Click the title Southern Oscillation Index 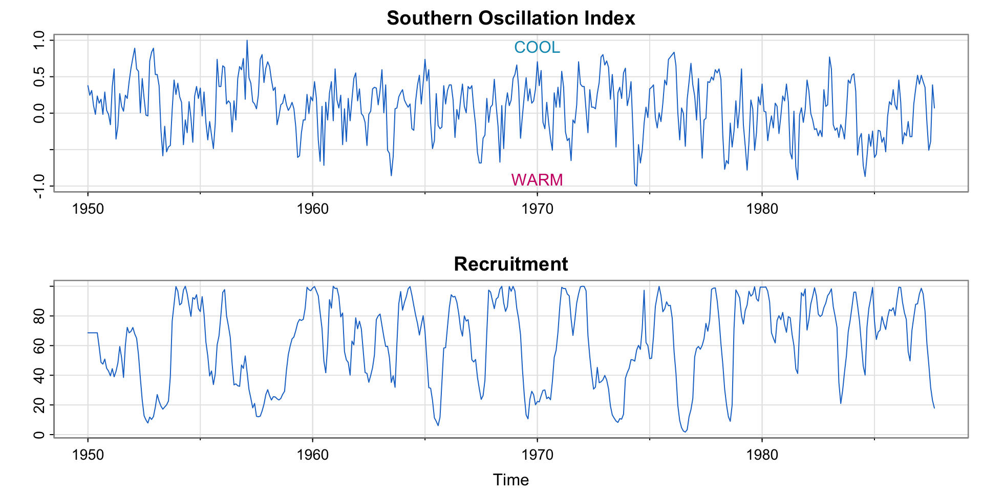click(x=510, y=18)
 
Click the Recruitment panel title click(x=510, y=264)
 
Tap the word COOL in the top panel click(x=537, y=47)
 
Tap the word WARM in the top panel click(x=537, y=180)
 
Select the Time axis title click(x=510, y=480)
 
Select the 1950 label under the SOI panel click(x=88, y=209)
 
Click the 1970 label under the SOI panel click(x=537, y=209)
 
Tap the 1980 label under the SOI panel click(x=762, y=209)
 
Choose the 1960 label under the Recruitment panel click(x=313, y=455)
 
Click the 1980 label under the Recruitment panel click(x=762, y=455)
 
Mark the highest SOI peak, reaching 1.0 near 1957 click(x=247, y=40)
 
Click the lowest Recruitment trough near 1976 click(x=685, y=432)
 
